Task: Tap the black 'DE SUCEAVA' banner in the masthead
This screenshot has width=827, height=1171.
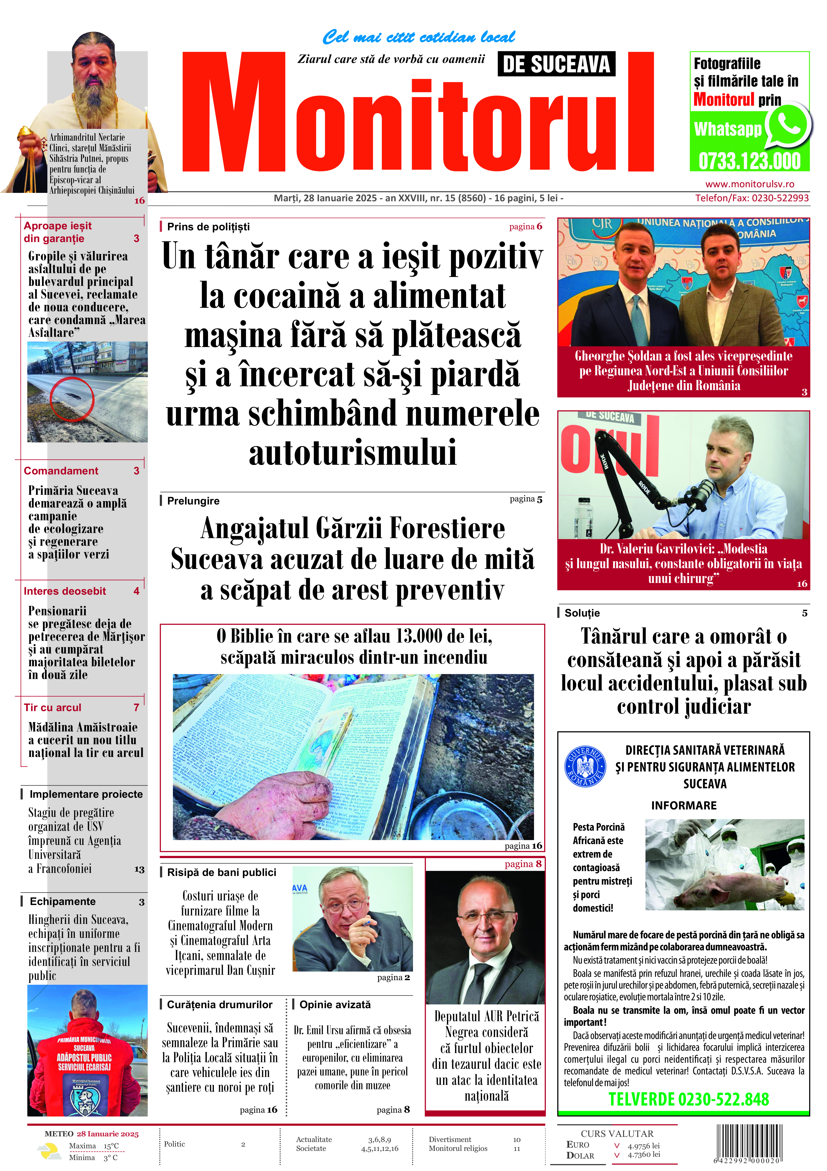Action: pyautogui.click(x=556, y=64)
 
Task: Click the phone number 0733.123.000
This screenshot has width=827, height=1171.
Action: pyautogui.click(x=749, y=161)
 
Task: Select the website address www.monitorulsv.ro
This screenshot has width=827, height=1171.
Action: pyautogui.click(x=750, y=184)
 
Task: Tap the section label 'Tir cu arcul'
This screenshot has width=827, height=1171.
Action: pyautogui.click(x=53, y=707)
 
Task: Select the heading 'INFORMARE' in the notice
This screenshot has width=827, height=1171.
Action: pyautogui.click(x=684, y=805)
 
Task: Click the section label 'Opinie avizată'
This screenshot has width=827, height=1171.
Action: pyautogui.click(x=335, y=1004)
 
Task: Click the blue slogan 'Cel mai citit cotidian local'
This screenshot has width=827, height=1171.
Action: pyautogui.click(x=418, y=37)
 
